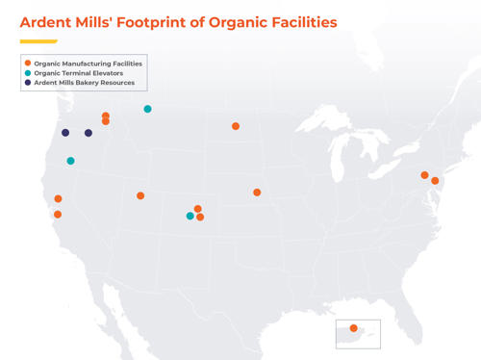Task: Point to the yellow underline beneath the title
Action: pos(38,41)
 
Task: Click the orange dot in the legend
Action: pos(28,64)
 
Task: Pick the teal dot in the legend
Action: pos(28,73)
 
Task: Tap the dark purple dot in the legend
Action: pos(28,83)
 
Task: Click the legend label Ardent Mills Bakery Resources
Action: pos(85,83)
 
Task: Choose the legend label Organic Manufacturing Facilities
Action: pos(89,64)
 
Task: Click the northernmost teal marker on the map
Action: pos(147,109)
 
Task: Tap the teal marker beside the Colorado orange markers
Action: pos(190,216)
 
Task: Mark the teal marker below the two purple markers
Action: pos(70,161)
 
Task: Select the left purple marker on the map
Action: pos(65,133)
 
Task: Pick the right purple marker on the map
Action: pos(89,133)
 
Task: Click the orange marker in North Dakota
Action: pos(236,126)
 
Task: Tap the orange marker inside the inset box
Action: pos(354,328)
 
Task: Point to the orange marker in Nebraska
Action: pos(257,193)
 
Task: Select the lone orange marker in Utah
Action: pos(140,195)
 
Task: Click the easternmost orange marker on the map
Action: pos(435,181)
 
